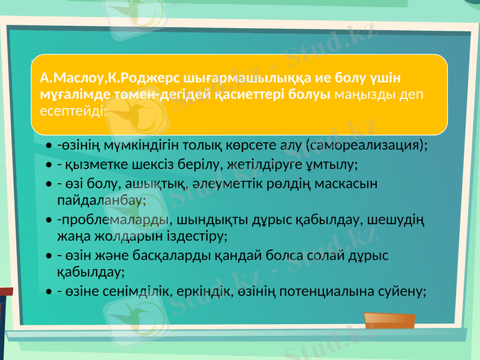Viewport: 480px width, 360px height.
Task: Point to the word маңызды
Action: (x=367, y=94)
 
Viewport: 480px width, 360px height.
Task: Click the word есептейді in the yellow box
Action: (x=73, y=111)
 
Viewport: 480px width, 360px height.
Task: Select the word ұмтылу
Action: (x=332, y=164)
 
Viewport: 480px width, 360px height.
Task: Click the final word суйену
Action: (x=405, y=292)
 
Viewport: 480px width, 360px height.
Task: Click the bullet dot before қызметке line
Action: (x=47, y=164)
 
